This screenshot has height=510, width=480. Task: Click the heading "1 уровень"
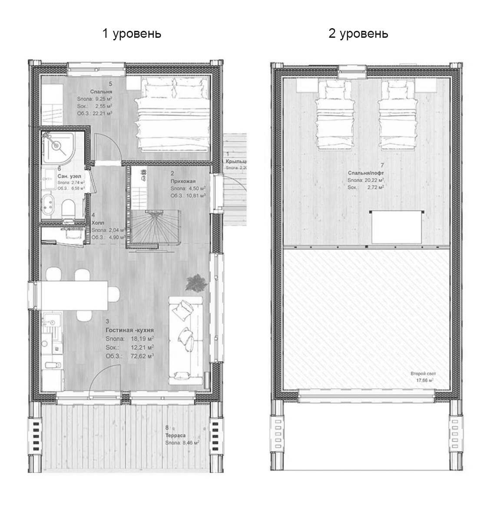point(132,33)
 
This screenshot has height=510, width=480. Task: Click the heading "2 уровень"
point(358,33)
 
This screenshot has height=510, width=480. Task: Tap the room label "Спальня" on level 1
point(101,92)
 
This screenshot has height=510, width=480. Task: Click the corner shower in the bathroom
point(58,145)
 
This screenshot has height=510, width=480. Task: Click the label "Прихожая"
point(183,181)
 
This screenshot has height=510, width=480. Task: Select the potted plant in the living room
point(195,283)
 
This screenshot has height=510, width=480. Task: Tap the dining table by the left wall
point(74,295)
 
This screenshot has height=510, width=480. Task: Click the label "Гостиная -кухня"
point(130,330)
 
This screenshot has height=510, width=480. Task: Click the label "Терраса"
point(175,435)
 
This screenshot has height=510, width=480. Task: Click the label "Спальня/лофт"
point(365,172)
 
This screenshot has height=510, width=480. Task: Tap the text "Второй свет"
point(423,373)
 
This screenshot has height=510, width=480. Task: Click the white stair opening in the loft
point(396,227)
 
